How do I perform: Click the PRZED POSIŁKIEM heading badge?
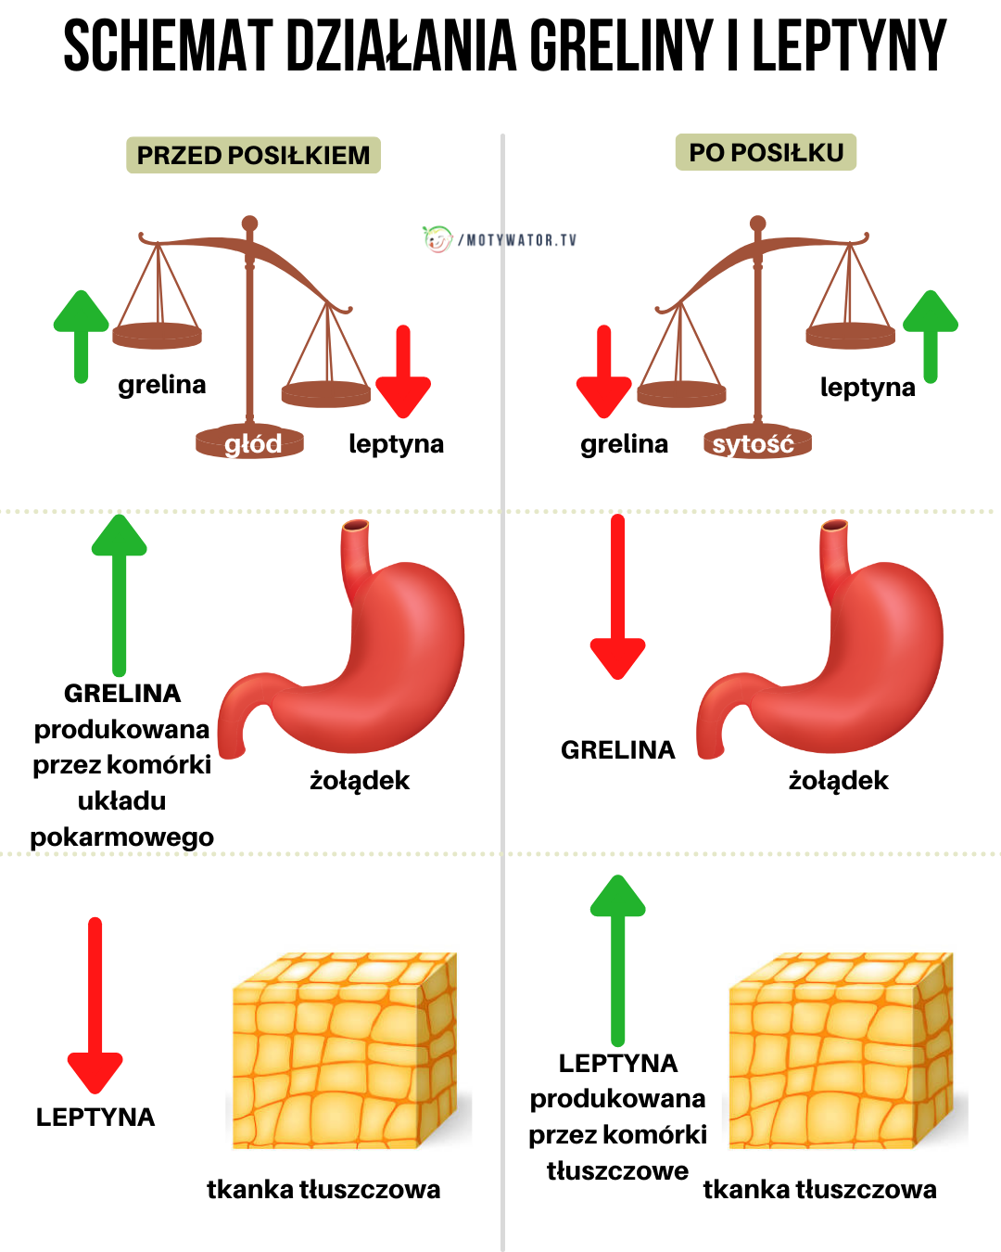pyautogui.click(x=253, y=155)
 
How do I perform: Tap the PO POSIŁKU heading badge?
pyautogui.click(x=766, y=152)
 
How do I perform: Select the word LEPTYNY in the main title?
pyautogui.click(x=848, y=46)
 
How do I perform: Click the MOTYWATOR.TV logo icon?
pyautogui.click(x=437, y=239)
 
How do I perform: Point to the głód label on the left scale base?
pyautogui.click(x=251, y=444)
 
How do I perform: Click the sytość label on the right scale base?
pyautogui.click(x=754, y=444)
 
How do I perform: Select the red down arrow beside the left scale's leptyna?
pyautogui.click(x=403, y=371)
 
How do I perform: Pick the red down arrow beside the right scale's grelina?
pyautogui.click(x=604, y=371)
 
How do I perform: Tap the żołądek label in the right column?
pyautogui.click(x=838, y=781)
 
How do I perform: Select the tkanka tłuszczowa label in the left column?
pyautogui.click(x=323, y=1189)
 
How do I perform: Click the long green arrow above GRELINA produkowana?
pyautogui.click(x=119, y=594)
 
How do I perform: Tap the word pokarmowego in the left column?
pyautogui.click(x=122, y=837)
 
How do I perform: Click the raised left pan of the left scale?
pyautogui.click(x=158, y=335)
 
